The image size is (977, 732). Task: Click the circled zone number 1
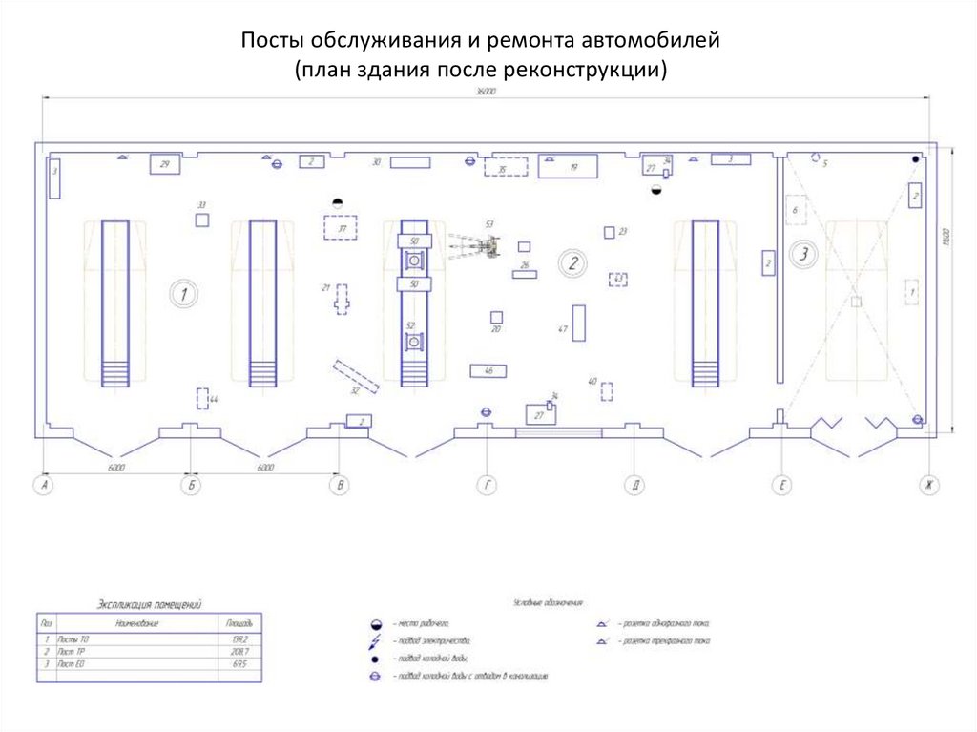(182, 294)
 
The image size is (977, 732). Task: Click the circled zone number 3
(803, 255)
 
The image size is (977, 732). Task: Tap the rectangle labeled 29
(164, 165)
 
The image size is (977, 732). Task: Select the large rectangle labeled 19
(569, 166)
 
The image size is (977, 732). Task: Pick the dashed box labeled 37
(340, 229)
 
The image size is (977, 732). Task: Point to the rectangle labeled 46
(488, 370)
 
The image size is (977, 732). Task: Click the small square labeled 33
(202, 220)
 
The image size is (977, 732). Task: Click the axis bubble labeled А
(42, 487)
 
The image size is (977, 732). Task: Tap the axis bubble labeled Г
(487, 487)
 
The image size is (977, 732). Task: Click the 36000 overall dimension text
(488, 92)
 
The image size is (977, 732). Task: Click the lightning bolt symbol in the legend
(375, 641)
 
